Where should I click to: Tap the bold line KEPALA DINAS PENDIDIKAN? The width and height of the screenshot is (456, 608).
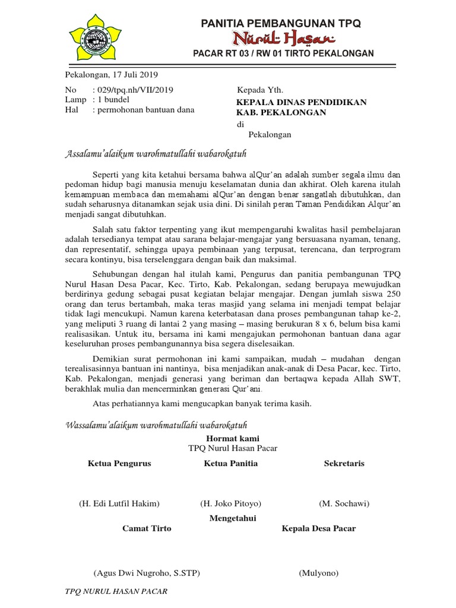pyautogui.click(x=302, y=102)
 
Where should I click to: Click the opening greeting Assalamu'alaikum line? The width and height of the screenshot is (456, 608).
pyautogui.click(x=155, y=154)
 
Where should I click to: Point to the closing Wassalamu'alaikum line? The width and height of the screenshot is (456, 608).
pyautogui.click(x=155, y=426)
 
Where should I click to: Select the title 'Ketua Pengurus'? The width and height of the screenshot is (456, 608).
pyautogui.click(x=119, y=463)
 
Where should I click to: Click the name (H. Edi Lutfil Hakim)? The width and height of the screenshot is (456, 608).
pyautogui.click(x=119, y=503)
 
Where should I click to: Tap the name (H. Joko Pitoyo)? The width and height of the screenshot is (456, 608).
pyautogui.click(x=231, y=503)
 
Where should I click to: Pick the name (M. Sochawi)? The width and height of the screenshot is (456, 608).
pyautogui.click(x=344, y=503)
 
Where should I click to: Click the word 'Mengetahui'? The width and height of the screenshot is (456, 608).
pyautogui.click(x=232, y=518)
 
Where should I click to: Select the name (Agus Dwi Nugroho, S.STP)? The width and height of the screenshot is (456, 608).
pyautogui.click(x=147, y=573)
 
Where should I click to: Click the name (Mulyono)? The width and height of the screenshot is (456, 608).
pyautogui.click(x=319, y=573)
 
